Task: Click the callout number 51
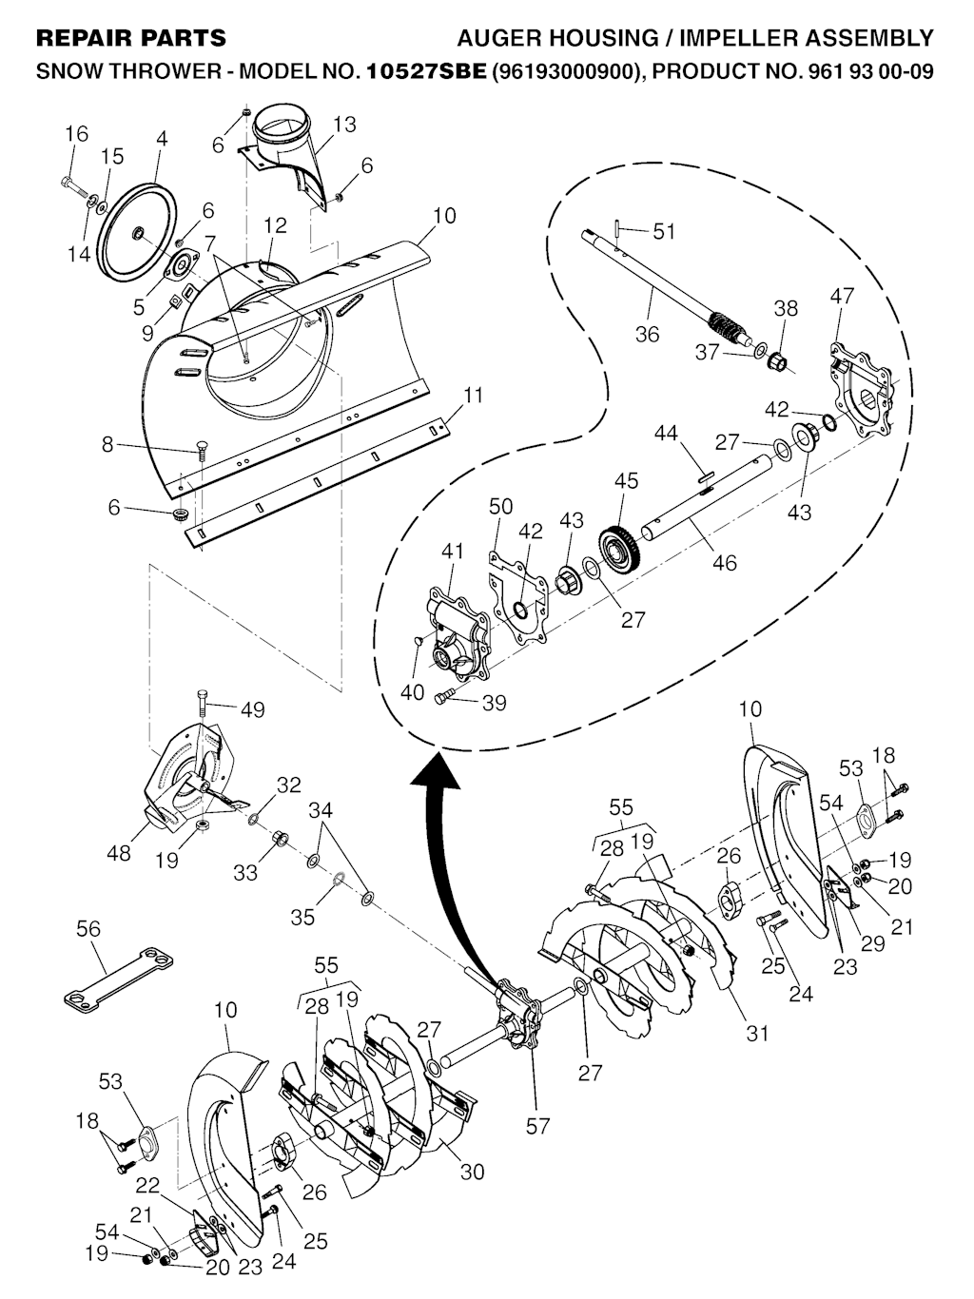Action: pos(663,231)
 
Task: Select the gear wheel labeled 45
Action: pos(619,547)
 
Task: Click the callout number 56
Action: pos(88,928)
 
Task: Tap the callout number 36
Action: pos(647,335)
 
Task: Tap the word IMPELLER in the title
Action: pos(734,38)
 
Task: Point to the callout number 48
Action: pos(118,853)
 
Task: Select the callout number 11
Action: pos(473,395)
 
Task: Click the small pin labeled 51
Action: pos(616,226)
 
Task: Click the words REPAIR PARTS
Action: pos(131,38)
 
